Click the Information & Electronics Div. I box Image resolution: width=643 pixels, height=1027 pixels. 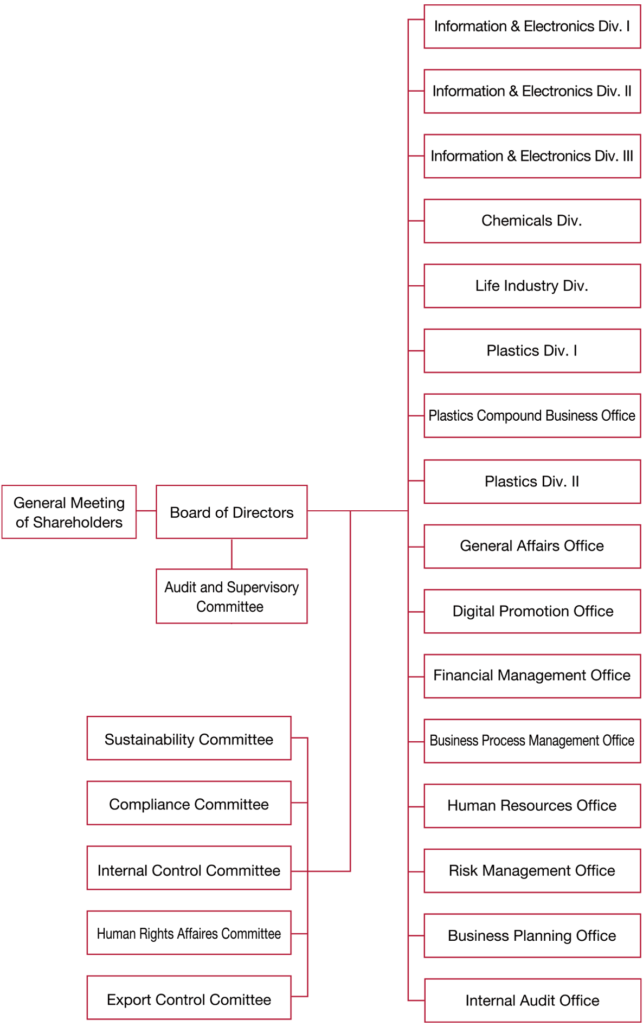point(532,27)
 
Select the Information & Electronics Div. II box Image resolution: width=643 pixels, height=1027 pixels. point(532,91)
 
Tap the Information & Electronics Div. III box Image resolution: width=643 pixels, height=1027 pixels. point(532,156)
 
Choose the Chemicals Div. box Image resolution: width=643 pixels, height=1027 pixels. point(532,221)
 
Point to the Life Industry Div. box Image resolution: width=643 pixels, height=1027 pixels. point(532,286)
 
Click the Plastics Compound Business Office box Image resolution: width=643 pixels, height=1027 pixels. point(532,416)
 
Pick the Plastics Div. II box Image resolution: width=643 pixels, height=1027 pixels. point(532,482)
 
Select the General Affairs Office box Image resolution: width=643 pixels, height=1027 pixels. point(532,546)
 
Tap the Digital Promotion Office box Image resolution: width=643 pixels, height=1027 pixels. point(532,611)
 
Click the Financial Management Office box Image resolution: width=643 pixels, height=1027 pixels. point(532,676)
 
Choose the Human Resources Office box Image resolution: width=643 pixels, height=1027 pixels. point(532,806)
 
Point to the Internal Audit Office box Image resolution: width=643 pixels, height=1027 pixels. point(532,1000)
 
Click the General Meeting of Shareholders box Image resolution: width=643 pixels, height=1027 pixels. point(69,512)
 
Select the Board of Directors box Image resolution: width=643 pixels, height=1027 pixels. point(232,512)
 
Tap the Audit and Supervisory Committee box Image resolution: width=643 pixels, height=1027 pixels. point(232,596)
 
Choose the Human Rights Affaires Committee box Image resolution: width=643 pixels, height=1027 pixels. point(189,933)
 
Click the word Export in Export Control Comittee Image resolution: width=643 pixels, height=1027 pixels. point(128,999)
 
